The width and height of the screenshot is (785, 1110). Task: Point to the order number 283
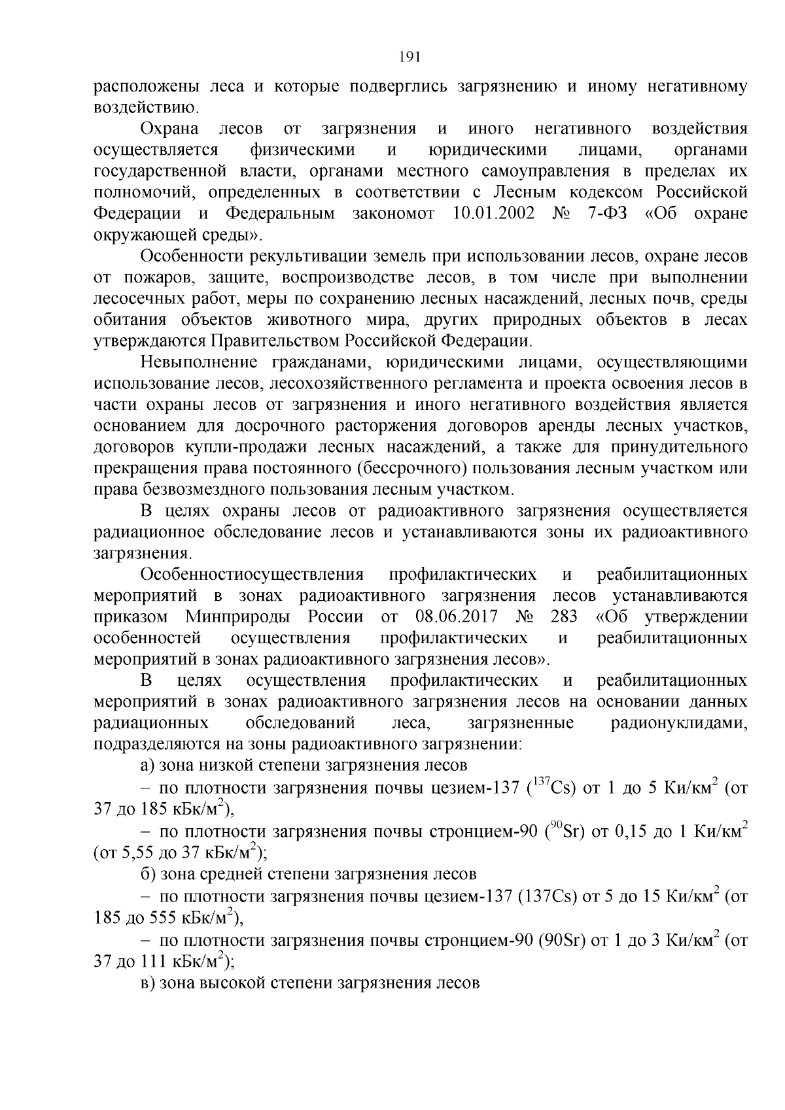(x=565, y=616)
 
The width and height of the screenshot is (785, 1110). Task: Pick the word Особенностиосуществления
(x=252, y=575)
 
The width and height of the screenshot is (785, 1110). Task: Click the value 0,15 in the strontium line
(x=633, y=832)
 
